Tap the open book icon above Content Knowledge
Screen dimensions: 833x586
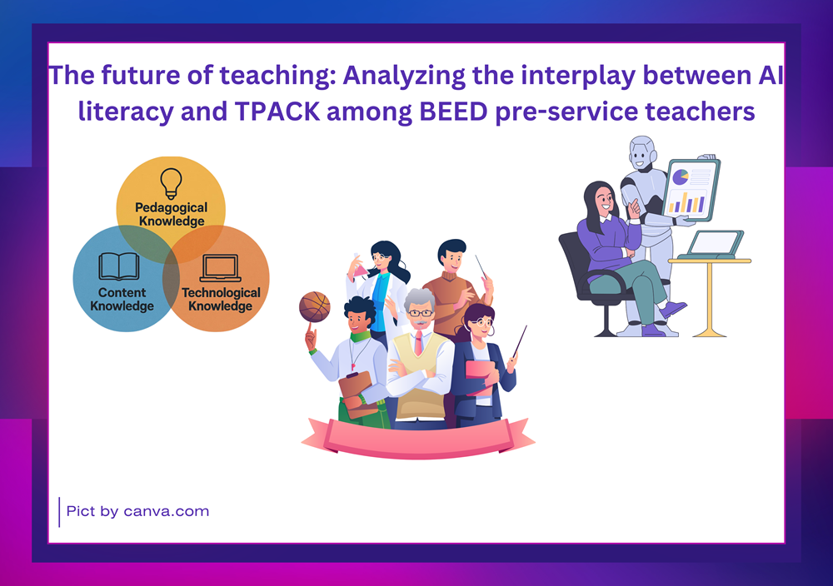(x=119, y=266)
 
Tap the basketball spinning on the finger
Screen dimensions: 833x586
(x=315, y=307)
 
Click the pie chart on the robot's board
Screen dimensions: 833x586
(x=681, y=176)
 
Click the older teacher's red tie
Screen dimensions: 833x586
(x=419, y=343)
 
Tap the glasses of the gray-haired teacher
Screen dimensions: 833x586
(x=421, y=313)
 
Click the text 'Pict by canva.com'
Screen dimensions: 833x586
(x=137, y=512)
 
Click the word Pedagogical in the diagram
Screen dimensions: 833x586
(x=171, y=207)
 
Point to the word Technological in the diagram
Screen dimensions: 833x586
(x=221, y=292)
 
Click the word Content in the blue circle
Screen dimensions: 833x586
(x=122, y=292)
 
